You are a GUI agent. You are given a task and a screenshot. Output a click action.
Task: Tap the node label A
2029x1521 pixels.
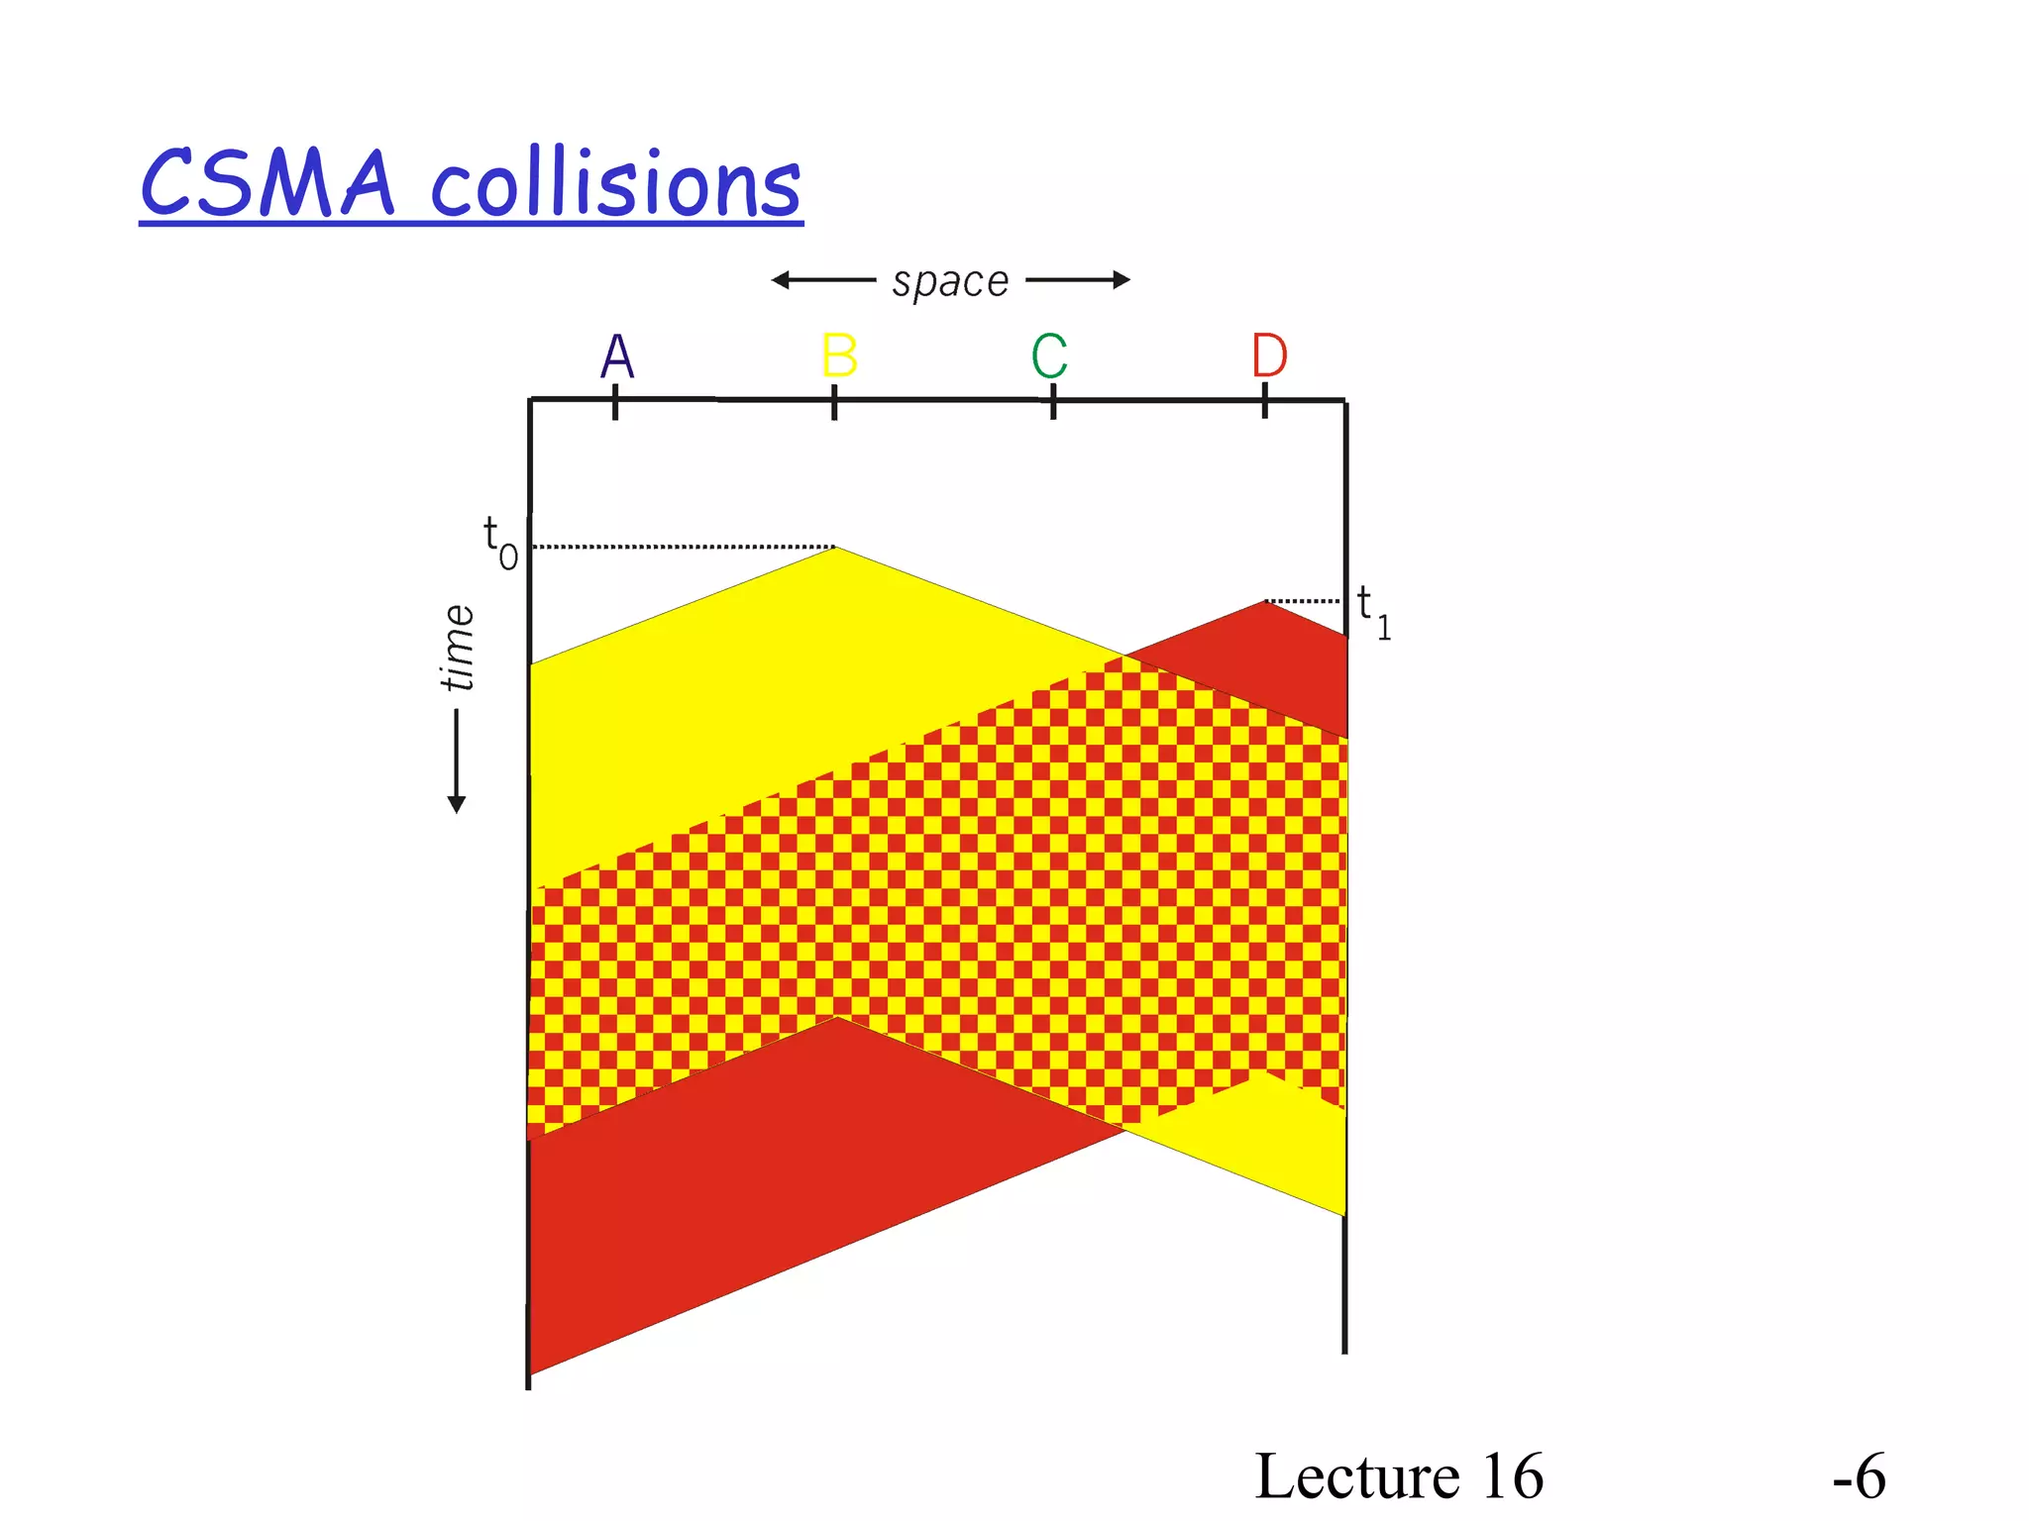(616, 356)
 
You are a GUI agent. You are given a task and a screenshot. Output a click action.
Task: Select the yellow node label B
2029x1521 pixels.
(838, 356)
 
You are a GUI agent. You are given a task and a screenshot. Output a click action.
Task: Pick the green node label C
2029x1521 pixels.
(1049, 356)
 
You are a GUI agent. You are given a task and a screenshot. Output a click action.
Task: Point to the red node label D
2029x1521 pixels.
(1269, 356)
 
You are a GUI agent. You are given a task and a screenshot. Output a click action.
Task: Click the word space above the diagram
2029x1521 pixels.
(950, 282)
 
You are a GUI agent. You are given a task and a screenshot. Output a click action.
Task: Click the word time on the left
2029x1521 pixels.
(458, 649)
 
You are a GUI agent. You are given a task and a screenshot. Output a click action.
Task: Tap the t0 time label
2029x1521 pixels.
(499, 543)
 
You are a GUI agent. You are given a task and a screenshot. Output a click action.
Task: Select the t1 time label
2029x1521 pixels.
(1373, 611)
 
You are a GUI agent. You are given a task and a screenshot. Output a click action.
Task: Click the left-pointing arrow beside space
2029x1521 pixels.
(822, 280)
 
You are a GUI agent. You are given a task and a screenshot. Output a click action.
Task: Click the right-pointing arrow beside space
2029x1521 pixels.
(1078, 280)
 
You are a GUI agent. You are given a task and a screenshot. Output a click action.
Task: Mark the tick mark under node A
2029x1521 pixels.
(615, 402)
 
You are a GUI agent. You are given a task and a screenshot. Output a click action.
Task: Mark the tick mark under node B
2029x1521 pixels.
(834, 402)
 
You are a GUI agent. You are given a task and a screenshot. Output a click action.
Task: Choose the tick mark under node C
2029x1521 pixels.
(1053, 402)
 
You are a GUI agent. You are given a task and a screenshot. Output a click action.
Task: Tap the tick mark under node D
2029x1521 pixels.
(1265, 402)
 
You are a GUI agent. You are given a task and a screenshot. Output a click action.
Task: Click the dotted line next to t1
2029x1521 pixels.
(1303, 601)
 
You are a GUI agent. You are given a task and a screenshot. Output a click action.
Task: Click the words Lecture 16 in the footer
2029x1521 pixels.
(1398, 1476)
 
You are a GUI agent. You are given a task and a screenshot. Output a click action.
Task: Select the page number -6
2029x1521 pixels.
(1859, 1476)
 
